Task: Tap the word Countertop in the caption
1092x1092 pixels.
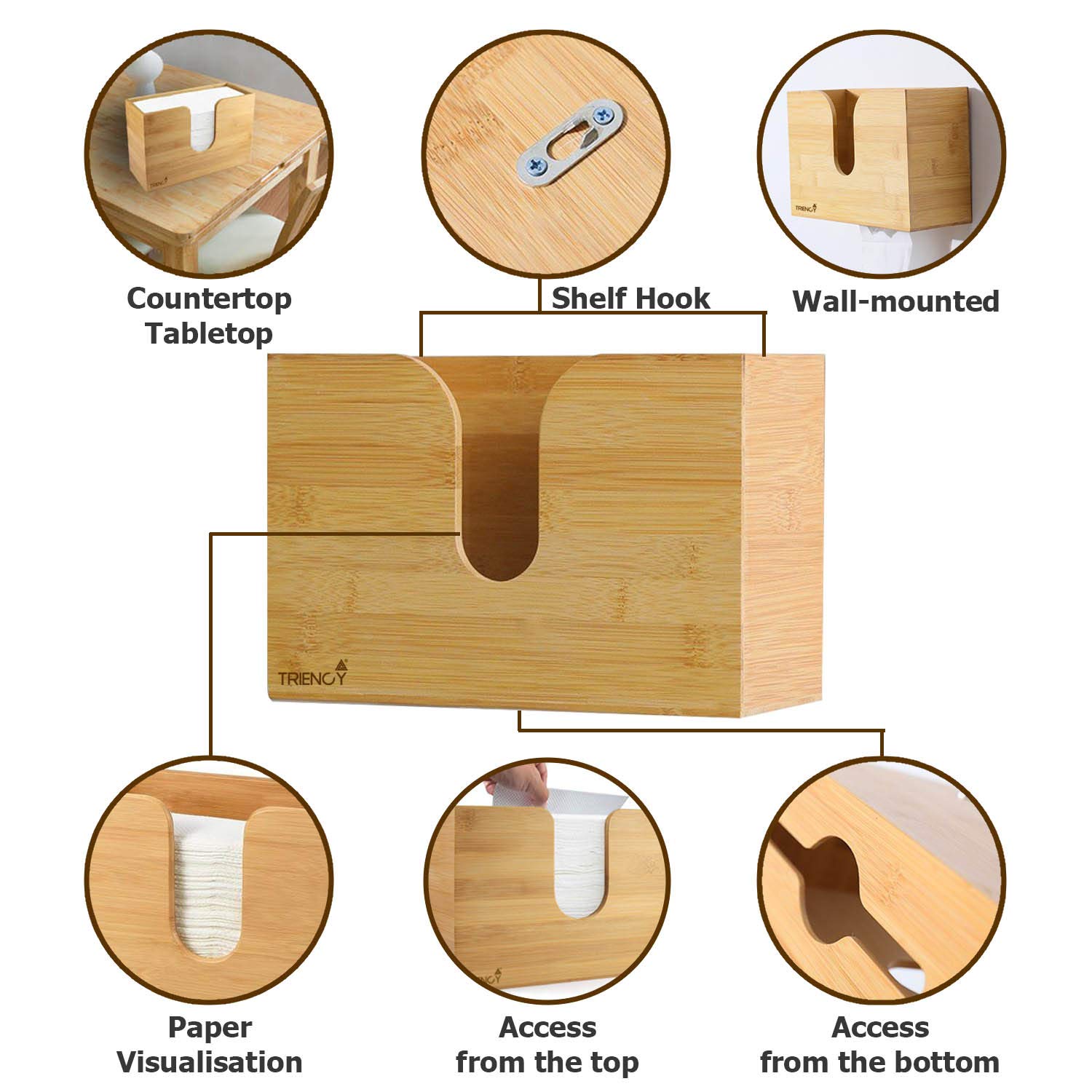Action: (209, 298)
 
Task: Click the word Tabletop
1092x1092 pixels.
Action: (209, 333)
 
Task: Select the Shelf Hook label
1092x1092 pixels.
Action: (630, 298)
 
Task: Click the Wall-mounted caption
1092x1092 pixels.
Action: (895, 301)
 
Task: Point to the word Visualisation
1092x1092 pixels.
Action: (209, 1062)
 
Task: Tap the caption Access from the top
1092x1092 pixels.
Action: (547, 1045)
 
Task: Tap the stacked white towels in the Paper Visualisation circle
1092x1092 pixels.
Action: (209, 895)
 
